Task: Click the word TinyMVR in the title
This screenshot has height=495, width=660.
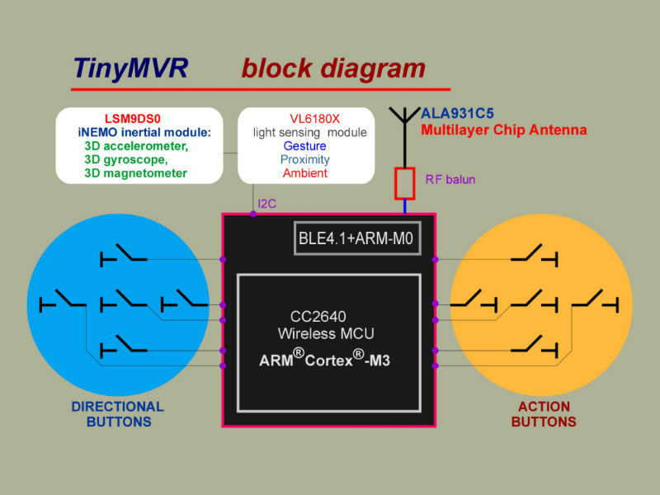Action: (130, 68)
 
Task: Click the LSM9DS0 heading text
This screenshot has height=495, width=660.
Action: (133, 119)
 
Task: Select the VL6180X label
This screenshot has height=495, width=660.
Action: (314, 119)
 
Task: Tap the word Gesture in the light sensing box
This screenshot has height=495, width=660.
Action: (304, 146)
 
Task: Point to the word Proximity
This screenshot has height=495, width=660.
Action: (304, 159)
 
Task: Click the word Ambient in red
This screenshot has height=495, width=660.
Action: (304, 173)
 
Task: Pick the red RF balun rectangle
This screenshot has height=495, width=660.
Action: (404, 183)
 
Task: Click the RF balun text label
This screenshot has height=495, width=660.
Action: (450, 179)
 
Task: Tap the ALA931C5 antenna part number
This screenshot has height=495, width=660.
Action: (457, 113)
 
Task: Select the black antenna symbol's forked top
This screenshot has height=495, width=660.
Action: (404, 115)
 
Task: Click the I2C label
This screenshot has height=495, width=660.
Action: (266, 204)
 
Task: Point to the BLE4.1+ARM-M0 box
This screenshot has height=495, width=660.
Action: (357, 238)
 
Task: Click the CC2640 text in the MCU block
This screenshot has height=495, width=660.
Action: (318, 316)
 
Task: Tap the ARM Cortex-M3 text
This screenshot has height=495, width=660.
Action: (324, 359)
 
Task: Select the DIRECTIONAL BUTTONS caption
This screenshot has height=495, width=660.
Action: (118, 414)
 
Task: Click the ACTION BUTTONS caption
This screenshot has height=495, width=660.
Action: (544, 414)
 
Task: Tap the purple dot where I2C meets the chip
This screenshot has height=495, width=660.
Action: (253, 214)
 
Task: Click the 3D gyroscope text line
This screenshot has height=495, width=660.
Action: (126, 159)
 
